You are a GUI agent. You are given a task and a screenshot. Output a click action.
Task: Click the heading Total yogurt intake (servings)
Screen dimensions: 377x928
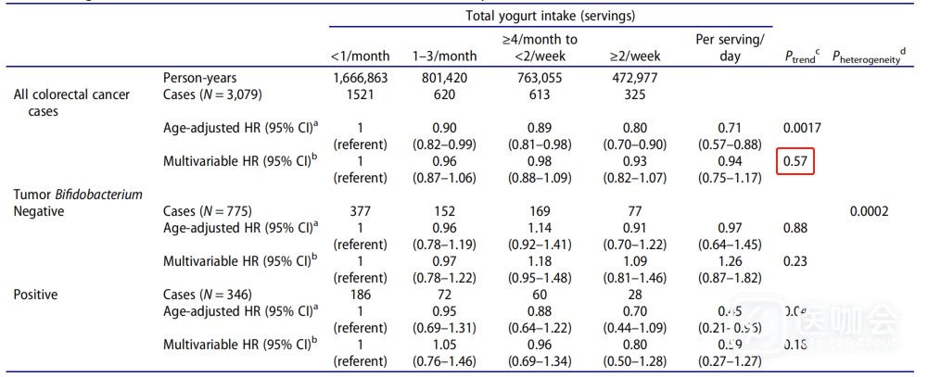tap(549, 16)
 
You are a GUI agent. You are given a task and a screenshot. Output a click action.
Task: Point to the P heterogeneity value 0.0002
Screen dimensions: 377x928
tap(869, 211)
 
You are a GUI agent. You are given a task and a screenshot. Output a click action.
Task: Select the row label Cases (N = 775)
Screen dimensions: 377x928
tap(207, 211)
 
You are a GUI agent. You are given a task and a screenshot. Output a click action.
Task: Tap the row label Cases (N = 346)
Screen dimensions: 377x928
tap(207, 295)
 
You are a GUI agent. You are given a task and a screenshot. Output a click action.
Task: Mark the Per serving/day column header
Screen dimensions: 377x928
tap(729, 47)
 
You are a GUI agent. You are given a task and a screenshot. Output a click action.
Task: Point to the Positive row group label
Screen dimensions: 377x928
tap(36, 295)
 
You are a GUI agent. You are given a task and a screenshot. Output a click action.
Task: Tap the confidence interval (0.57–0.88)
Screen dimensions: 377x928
tap(729, 144)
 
